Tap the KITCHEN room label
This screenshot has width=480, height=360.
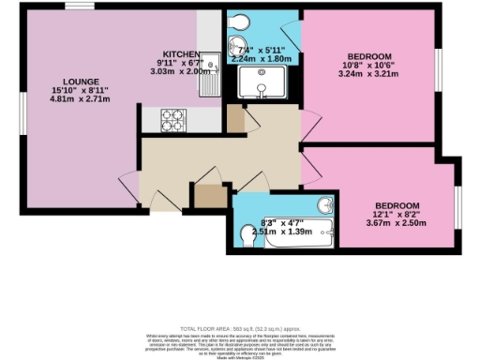[x=180, y=53]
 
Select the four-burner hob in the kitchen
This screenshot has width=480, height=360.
[x=175, y=120]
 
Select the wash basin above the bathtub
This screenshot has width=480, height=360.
[x=323, y=205]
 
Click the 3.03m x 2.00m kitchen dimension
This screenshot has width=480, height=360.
[x=181, y=72]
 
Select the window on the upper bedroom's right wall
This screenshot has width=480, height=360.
[x=439, y=68]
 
